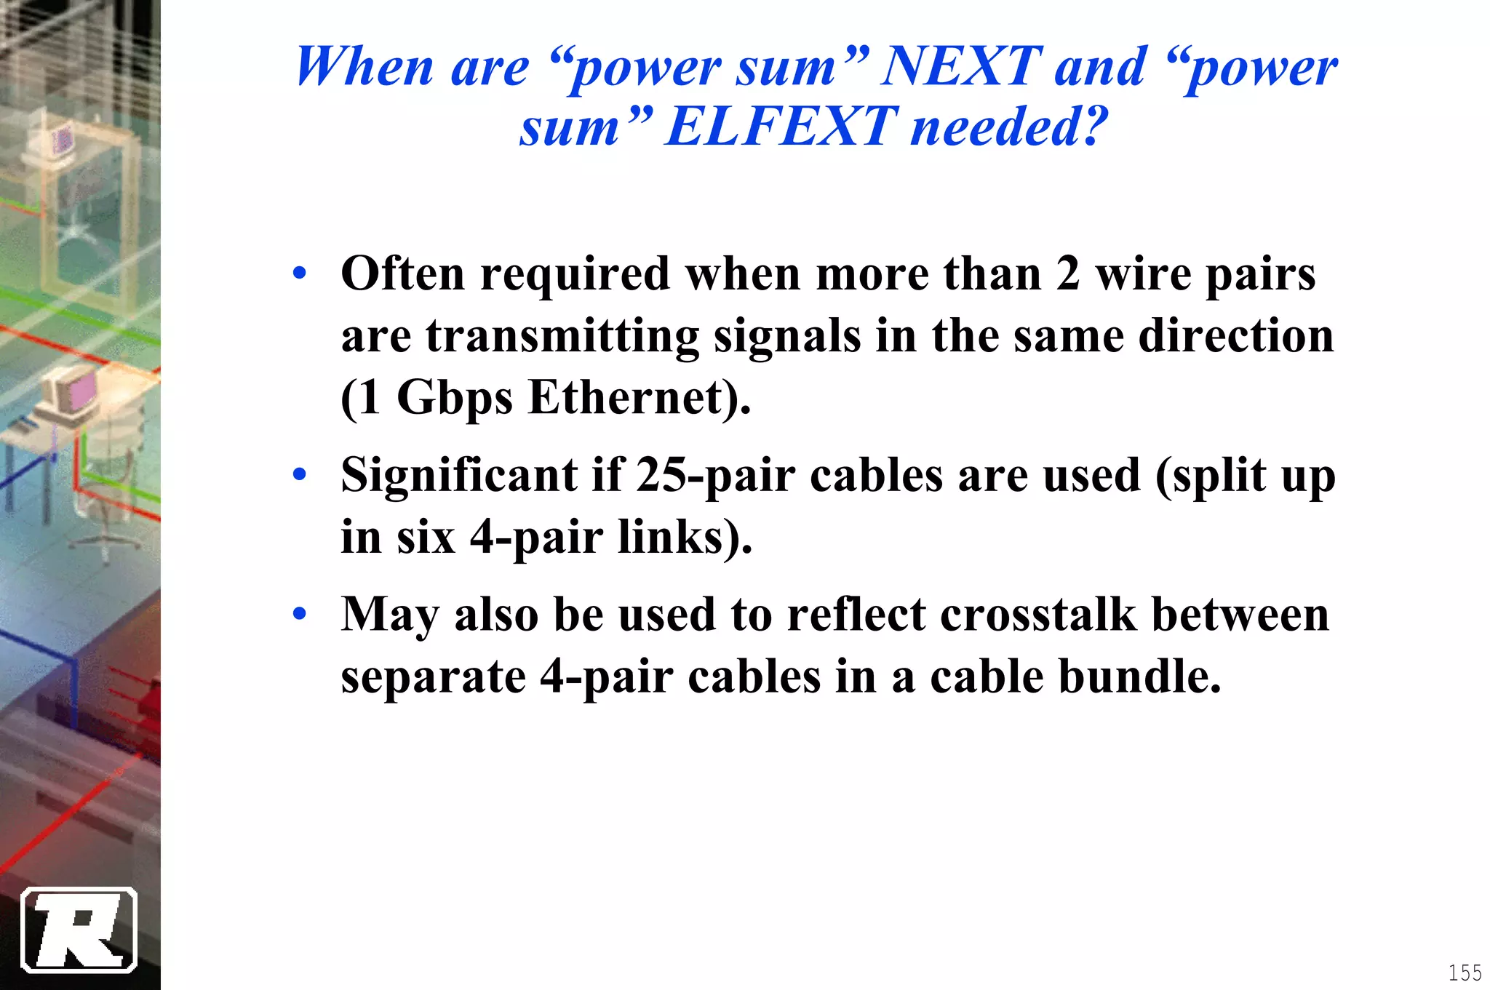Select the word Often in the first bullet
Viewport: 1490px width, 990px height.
coord(402,274)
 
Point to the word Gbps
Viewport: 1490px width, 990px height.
coord(455,399)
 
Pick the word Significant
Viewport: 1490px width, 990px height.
coord(459,476)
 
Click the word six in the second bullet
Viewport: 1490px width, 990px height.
coord(426,538)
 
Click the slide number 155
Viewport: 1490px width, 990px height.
coord(1465,973)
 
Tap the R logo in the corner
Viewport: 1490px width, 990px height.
coord(79,930)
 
